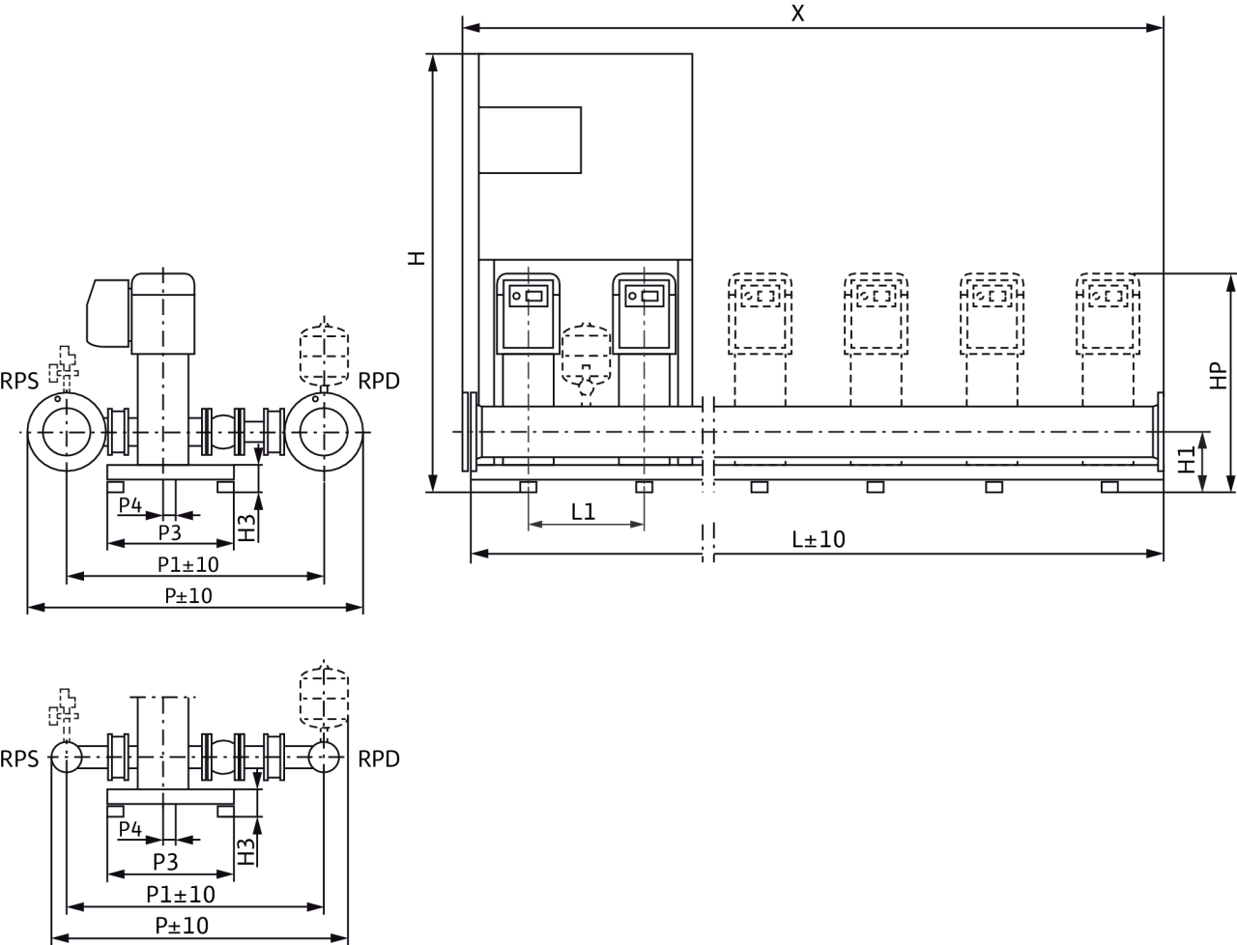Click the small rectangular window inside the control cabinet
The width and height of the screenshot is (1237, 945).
(531, 140)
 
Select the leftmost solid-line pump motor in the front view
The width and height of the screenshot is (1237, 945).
(529, 311)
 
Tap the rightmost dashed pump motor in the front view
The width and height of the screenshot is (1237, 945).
(1108, 311)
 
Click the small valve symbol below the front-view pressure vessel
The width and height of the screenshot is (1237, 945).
(586, 387)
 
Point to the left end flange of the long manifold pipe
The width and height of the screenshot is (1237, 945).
(474, 431)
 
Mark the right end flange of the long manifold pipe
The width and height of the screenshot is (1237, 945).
(1160, 431)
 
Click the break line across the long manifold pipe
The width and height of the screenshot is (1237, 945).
(708, 431)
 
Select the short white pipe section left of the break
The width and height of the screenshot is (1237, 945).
(591, 431)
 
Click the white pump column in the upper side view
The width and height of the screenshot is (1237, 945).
(162, 408)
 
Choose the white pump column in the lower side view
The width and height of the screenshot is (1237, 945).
(162, 742)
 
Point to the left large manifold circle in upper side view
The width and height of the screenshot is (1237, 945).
(65, 432)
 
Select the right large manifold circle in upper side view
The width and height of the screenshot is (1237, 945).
(326, 432)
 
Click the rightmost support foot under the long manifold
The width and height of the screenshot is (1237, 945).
(1109, 486)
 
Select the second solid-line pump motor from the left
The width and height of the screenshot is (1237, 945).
(645, 311)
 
